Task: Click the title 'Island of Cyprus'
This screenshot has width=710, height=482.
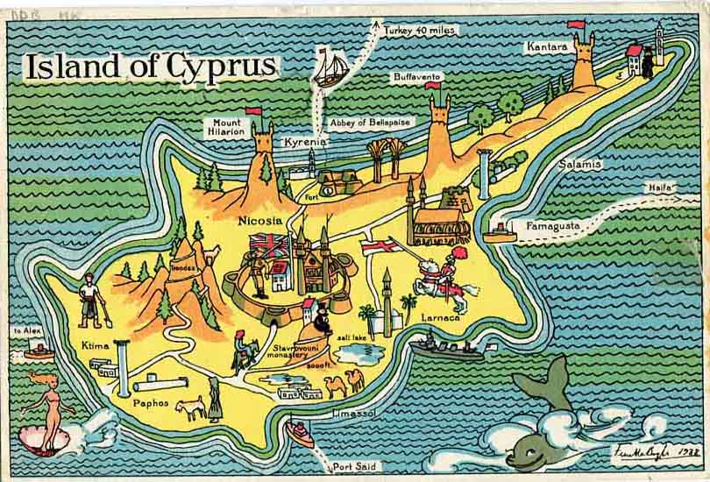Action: coord(150,66)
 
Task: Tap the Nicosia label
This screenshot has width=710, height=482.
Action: coord(260,220)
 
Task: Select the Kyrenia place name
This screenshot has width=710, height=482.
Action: coord(304,141)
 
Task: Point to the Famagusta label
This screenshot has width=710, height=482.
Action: coord(553,226)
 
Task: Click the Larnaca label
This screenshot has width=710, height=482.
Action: coord(440,316)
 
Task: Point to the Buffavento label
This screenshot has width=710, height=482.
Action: coord(418,77)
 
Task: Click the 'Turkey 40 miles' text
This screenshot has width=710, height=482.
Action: coord(419,31)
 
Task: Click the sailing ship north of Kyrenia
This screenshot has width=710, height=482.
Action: coord(330,68)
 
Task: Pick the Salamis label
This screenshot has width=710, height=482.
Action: coord(579,164)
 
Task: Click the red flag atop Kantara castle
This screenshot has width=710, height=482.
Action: coord(576,25)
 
